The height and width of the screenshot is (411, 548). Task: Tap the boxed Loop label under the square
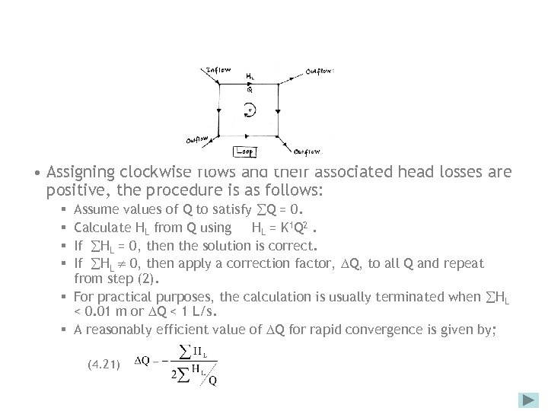point(247,151)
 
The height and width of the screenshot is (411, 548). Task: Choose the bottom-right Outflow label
point(307,151)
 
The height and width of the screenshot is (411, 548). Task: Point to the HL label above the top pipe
point(250,76)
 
